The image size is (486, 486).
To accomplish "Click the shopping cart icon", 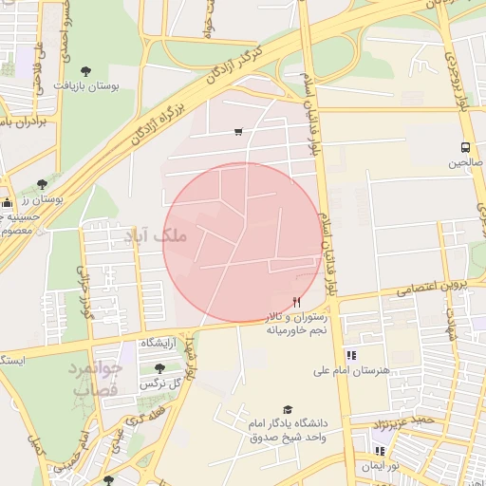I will pyautogui.click(x=237, y=132).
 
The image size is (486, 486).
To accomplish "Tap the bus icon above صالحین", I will pyautogui.click(x=465, y=147).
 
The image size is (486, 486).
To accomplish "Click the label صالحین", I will pyautogui.click(x=466, y=163).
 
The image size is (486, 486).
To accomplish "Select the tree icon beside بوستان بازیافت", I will pyautogui.click(x=86, y=71).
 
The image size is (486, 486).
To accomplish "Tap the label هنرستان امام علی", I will pyautogui.click(x=383, y=371).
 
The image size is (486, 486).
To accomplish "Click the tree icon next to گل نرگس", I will pyautogui.click(x=159, y=368).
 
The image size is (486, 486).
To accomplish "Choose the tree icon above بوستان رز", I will pyautogui.click(x=42, y=184).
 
